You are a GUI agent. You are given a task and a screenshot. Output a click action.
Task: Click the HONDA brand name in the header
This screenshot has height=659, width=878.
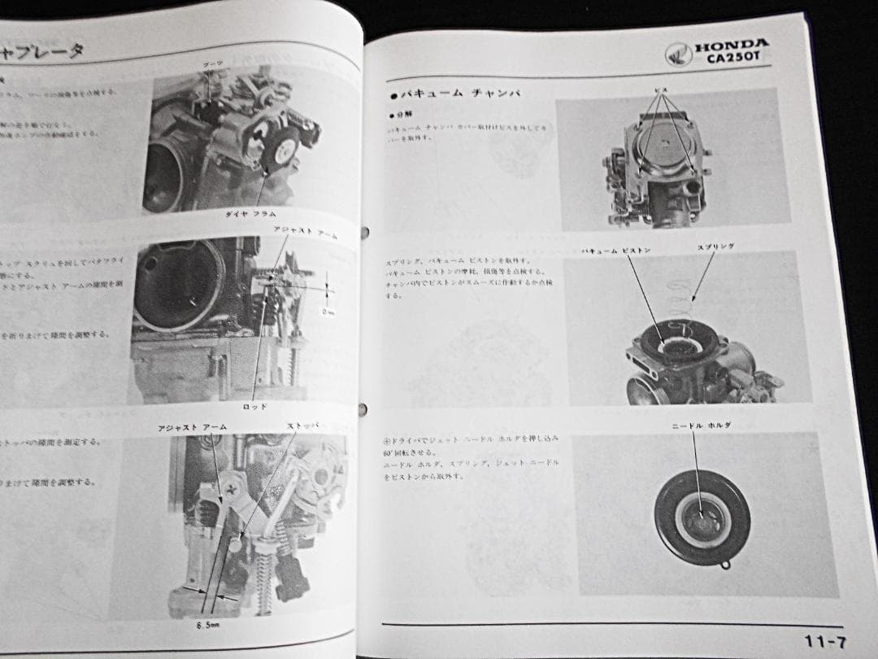pos(731,46)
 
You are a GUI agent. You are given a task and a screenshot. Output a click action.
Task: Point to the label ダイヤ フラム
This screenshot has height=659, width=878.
pos(252,213)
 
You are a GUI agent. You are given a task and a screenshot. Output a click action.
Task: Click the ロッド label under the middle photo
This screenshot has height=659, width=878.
pos(254,405)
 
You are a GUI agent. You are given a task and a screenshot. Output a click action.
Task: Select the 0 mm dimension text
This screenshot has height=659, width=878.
pos(328,312)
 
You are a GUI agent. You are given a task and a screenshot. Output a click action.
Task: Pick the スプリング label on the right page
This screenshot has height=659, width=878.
pos(715,246)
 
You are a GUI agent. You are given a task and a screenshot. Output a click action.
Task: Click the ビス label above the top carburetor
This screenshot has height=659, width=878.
pos(661,88)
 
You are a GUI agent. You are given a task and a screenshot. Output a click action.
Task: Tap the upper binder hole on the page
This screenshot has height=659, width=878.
pos(363,232)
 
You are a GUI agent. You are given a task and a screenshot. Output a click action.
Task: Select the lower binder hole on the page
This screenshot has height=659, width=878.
pos(363,408)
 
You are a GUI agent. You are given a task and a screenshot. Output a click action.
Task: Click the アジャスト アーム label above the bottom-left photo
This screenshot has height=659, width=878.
pos(193,427)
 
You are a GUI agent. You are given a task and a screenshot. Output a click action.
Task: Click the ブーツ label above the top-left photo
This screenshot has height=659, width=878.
pos(213,64)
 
